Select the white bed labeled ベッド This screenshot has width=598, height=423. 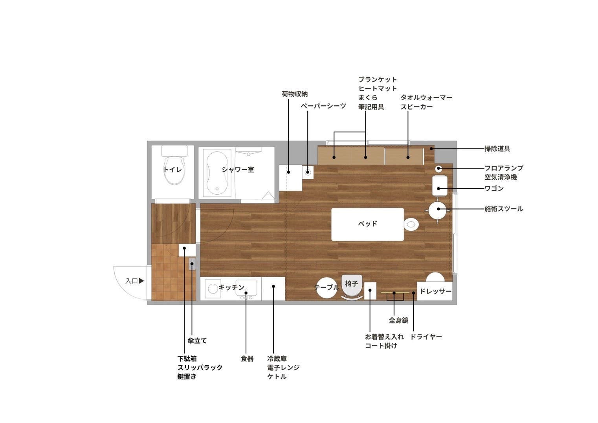(367, 224)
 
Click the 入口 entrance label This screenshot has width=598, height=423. (132, 281)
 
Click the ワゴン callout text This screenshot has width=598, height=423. (494, 189)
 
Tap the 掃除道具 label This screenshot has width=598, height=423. (497, 149)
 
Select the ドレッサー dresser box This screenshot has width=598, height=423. (435, 291)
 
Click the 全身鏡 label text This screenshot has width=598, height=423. (398, 320)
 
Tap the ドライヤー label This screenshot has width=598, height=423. (426, 337)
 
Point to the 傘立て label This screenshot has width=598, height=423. (197, 341)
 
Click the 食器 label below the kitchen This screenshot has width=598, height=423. (247, 359)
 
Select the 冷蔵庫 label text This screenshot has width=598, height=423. (277, 359)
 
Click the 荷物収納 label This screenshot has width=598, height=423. (295, 94)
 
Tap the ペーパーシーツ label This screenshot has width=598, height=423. (323, 106)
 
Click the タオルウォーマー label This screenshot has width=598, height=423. (426, 97)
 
